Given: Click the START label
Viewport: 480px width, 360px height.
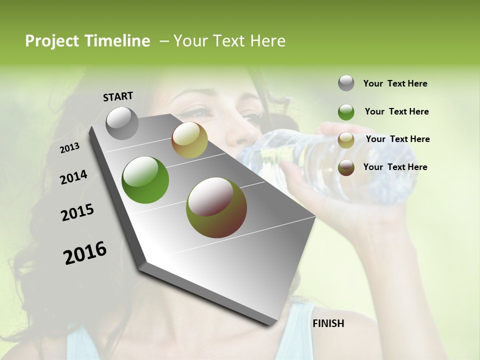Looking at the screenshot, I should (118, 96).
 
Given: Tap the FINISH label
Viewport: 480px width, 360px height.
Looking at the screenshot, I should (328, 323).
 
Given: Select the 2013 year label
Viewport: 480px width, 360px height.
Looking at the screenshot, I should (70, 147).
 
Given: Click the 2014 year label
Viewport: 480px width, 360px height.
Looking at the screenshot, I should (73, 177).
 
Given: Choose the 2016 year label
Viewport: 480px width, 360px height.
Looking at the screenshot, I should (85, 252).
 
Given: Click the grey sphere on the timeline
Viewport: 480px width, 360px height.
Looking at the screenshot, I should (122, 123).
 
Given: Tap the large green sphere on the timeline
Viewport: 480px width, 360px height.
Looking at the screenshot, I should (145, 180).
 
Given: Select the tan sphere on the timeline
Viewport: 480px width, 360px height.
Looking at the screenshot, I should (189, 140).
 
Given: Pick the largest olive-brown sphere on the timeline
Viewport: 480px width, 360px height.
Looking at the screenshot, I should (216, 207).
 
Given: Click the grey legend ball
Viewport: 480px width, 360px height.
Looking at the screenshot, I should (346, 83).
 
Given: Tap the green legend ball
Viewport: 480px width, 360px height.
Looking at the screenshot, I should (346, 112).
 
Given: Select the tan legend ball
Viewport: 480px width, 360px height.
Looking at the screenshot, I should (346, 140).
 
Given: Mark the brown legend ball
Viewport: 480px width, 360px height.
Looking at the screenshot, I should (346, 167).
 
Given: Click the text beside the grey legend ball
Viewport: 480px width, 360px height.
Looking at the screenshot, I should (395, 83).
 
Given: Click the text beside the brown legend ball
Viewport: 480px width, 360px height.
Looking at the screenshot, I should (395, 167).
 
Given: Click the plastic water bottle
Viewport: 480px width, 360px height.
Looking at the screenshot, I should (350, 160).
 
